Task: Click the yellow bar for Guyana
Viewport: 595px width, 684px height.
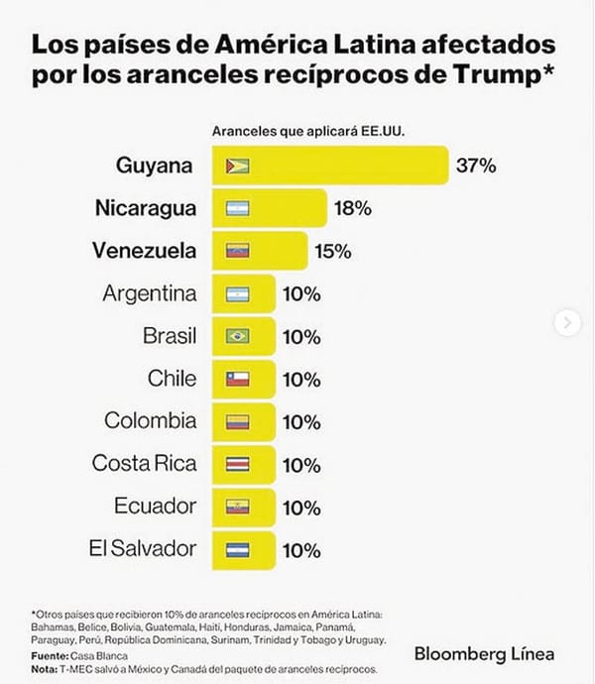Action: point(327,166)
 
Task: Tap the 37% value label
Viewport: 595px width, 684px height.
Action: point(476,166)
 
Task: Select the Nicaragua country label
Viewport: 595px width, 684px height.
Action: point(145,208)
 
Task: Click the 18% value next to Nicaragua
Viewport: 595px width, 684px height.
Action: point(352,208)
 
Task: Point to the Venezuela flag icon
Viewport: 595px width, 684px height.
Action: point(237,251)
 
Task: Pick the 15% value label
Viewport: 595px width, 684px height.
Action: point(332,251)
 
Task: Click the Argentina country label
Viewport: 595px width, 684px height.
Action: point(150,293)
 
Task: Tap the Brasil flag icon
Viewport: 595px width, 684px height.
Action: point(237,336)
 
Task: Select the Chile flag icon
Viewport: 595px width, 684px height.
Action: point(237,379)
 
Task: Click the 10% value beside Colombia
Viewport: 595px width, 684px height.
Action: point(300,421)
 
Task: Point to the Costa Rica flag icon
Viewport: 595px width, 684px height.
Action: point(237,464)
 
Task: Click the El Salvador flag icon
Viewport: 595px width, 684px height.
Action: point(237,548)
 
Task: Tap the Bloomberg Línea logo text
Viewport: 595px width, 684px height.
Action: point(484,653)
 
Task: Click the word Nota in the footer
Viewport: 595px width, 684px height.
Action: point(47,669)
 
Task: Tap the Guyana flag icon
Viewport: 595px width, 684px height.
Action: point(237,166)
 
